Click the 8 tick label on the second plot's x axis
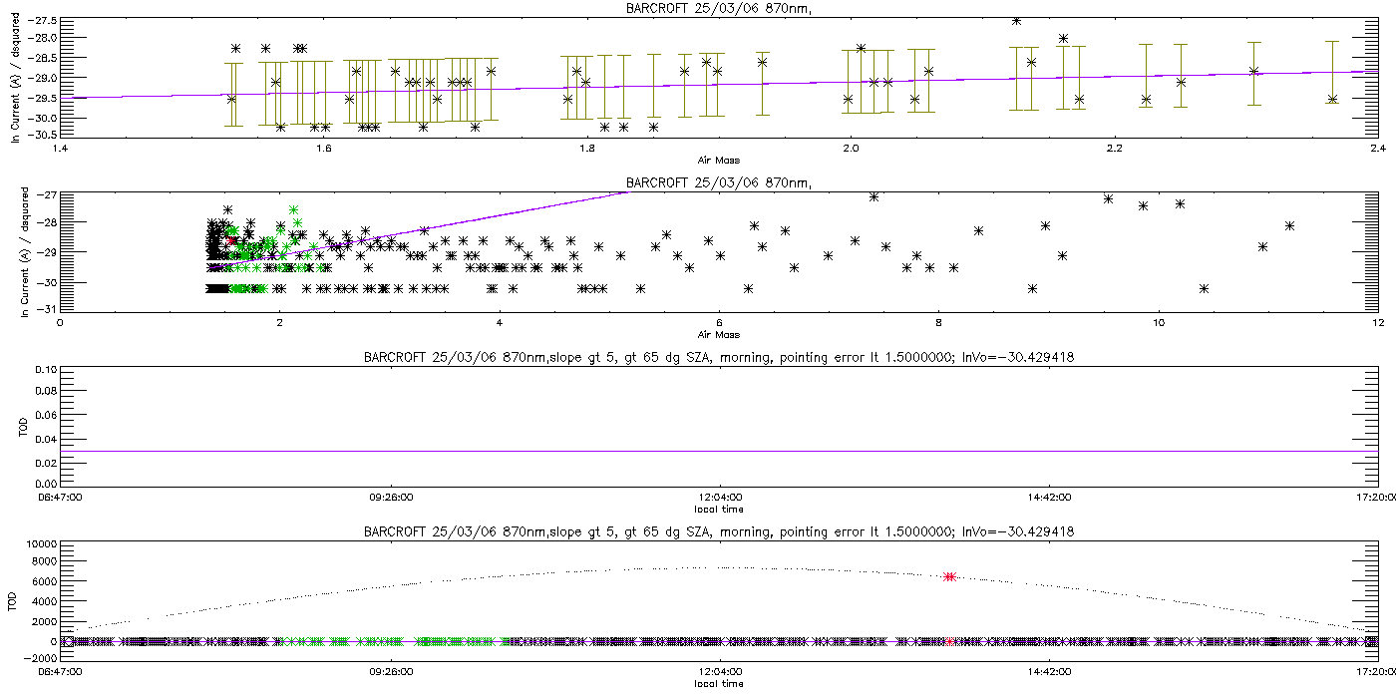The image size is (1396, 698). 938,322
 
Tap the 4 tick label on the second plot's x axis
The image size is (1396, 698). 499,322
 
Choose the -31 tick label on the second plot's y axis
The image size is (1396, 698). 46,309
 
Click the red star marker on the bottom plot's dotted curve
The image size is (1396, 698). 949,576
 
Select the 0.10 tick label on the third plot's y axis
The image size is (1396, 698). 45,370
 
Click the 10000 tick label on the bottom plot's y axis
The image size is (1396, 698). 40,544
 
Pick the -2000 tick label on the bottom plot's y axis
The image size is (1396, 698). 40,641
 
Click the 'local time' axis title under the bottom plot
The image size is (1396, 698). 718,683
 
